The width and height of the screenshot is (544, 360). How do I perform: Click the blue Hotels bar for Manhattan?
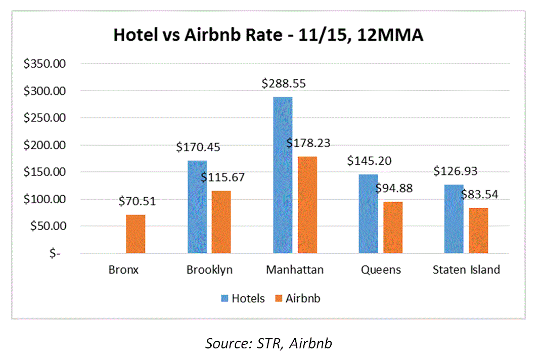click(282, 175)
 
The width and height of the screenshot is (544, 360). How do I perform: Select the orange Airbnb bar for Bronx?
click(135, 234)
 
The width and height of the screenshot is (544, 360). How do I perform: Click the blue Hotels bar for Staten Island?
click(453, 219)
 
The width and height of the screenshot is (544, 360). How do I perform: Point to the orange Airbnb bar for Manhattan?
click(307, 205)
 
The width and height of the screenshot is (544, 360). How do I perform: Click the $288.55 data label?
click(284, 84)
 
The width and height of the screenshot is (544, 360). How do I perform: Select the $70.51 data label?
click(137, 202)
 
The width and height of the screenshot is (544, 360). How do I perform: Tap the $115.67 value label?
click(222, 177)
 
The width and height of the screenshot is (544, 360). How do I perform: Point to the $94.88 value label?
click(394, 189)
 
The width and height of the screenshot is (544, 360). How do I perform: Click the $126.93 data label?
click(455, 171)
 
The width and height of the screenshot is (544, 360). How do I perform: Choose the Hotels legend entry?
click(243, 298)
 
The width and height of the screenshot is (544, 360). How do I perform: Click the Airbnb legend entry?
click(297, 298)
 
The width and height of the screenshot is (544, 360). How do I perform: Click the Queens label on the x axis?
click(381, 269)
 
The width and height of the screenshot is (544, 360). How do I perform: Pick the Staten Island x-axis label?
click(466, 269)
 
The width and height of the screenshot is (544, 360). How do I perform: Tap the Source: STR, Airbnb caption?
click(268, 343)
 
